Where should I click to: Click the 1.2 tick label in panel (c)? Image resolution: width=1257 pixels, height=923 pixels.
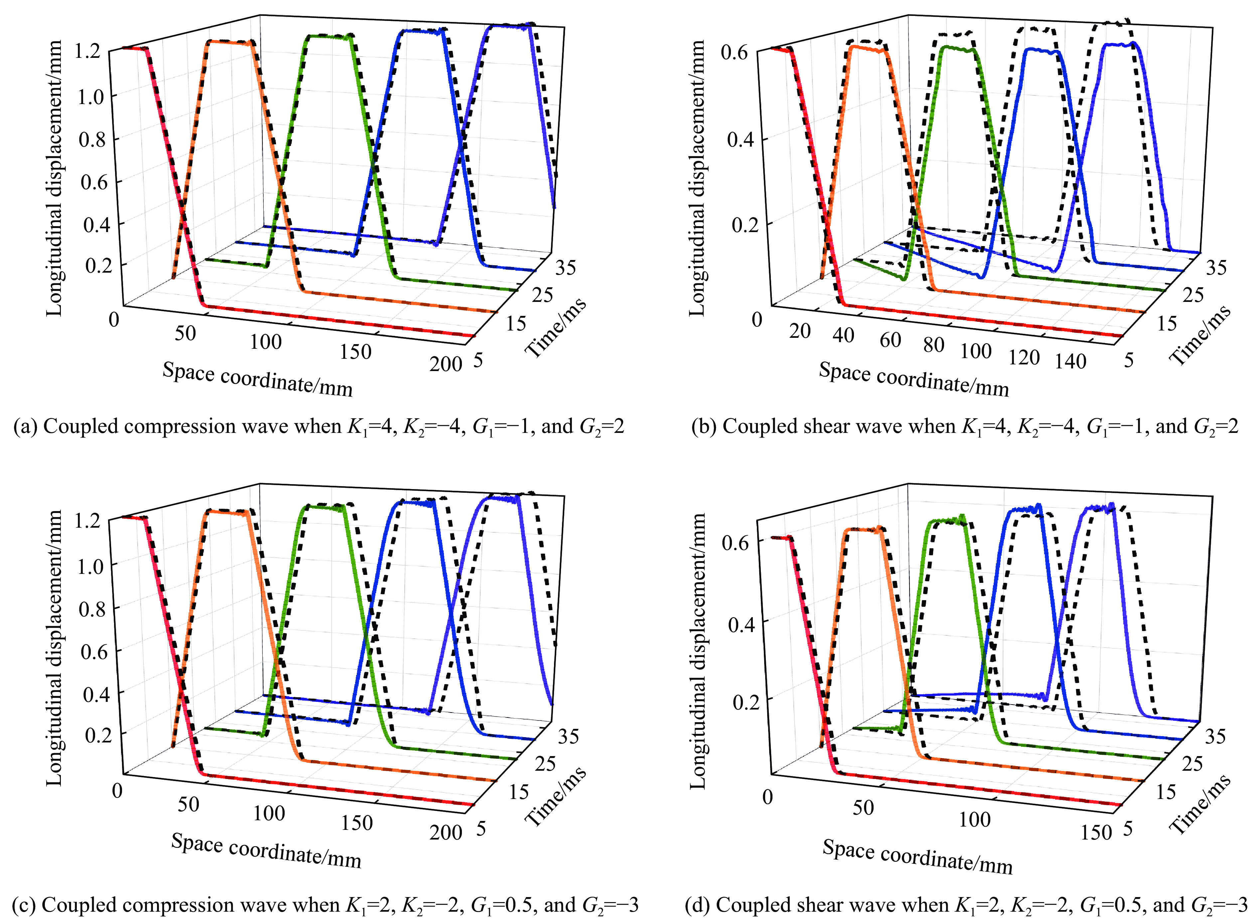coord(88,521)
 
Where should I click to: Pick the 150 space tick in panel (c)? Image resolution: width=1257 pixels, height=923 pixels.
coord(356,823)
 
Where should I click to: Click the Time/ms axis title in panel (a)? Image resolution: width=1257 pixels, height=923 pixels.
coord(556,328)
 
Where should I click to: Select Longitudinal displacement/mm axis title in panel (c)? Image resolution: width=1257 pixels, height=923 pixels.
coord(54,648)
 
